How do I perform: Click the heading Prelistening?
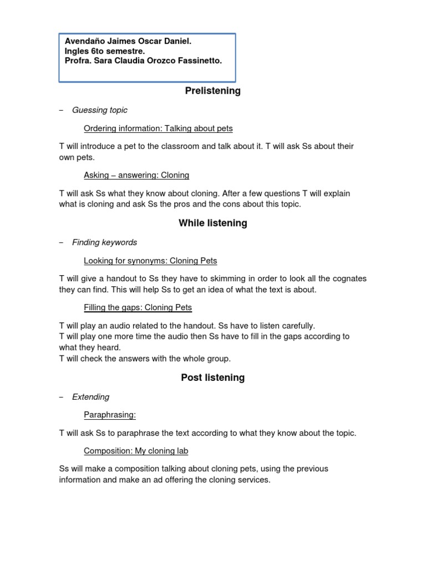tap(212, 91)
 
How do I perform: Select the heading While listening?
tap(212, 223)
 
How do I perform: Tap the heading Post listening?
tap(212, 378)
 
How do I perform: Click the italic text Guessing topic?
tap(100, 110)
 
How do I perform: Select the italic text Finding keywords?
tap(104, 243)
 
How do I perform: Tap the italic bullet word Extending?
tap(90, 397)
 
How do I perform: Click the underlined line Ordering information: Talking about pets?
tap(158, 128)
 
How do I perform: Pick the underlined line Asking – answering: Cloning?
tap(136, 175)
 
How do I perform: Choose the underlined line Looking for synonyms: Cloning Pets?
tap(150, 261)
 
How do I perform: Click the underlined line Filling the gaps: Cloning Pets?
tap(138, 307)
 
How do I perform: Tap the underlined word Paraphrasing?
tap(110, 415)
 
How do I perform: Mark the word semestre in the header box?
tap(125, 51)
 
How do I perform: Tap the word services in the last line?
tap(252, 480)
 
